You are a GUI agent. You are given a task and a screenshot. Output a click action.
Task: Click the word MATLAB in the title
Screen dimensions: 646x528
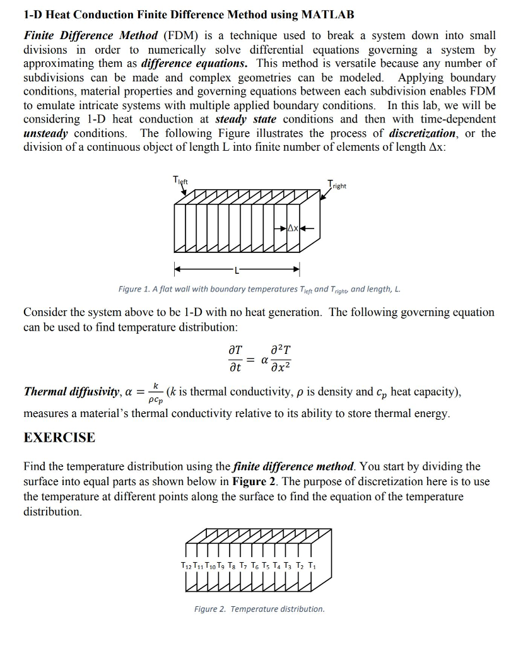coord(322,14)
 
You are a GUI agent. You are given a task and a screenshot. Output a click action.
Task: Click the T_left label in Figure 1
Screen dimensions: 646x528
coord(182,180)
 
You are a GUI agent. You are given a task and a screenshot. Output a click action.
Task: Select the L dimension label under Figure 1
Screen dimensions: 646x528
coord(237,269)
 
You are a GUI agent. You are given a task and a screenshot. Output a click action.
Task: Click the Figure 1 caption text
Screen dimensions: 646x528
coord(259,289)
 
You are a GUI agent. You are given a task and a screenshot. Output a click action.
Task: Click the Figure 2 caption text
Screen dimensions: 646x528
coord(259,609)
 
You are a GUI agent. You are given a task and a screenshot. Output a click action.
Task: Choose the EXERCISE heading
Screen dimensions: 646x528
coord(59,438)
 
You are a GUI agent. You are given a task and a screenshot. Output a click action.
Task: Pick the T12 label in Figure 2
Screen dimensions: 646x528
coord(186,565)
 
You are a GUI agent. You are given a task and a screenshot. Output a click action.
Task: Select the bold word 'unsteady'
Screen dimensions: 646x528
coord(45,133)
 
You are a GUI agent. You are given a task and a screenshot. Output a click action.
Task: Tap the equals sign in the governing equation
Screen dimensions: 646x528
coord(250,359)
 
